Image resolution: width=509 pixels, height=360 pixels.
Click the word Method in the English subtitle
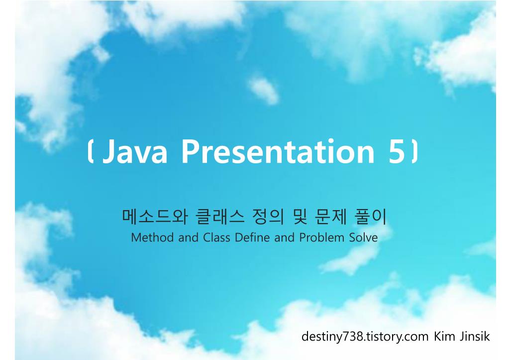[153, 238]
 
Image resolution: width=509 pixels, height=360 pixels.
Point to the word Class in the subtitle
[216, 238]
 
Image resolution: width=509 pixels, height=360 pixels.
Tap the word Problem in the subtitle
[321, 238]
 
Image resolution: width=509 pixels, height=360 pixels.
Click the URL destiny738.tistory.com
[365, 337]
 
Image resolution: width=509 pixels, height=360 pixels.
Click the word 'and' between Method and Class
[188, 238]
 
